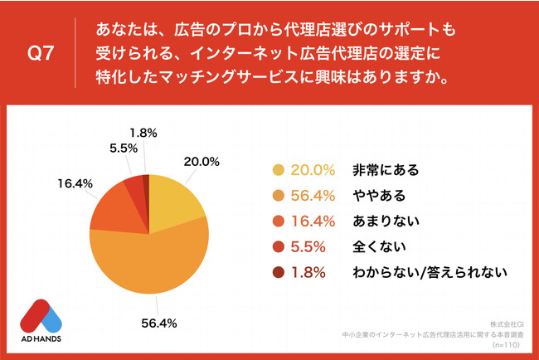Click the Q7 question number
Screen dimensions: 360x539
coord(41,55)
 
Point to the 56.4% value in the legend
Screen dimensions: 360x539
coord(312,196)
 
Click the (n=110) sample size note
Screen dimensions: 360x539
coord(505,343)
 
